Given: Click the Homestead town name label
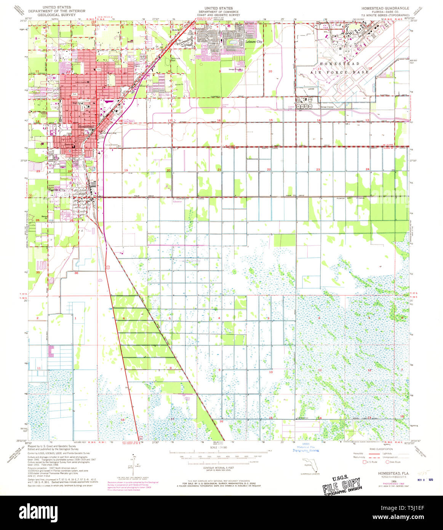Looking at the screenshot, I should click(86, 126).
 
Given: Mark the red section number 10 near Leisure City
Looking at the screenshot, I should click(270, 71).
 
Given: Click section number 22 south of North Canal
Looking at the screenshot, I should click(269, 169).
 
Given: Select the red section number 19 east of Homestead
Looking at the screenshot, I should click(125, 170).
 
